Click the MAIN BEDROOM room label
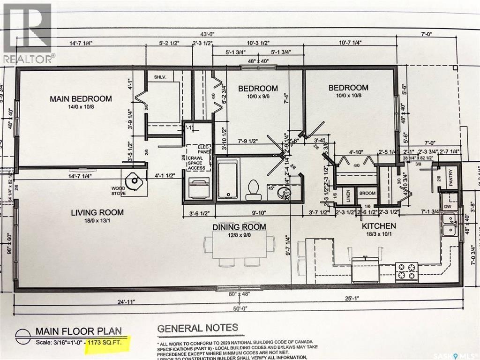(81, 99)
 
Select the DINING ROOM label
(239, 227)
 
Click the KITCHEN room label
(379, 226)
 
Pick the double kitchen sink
(450, 225)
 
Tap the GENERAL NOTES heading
(198, 328)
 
